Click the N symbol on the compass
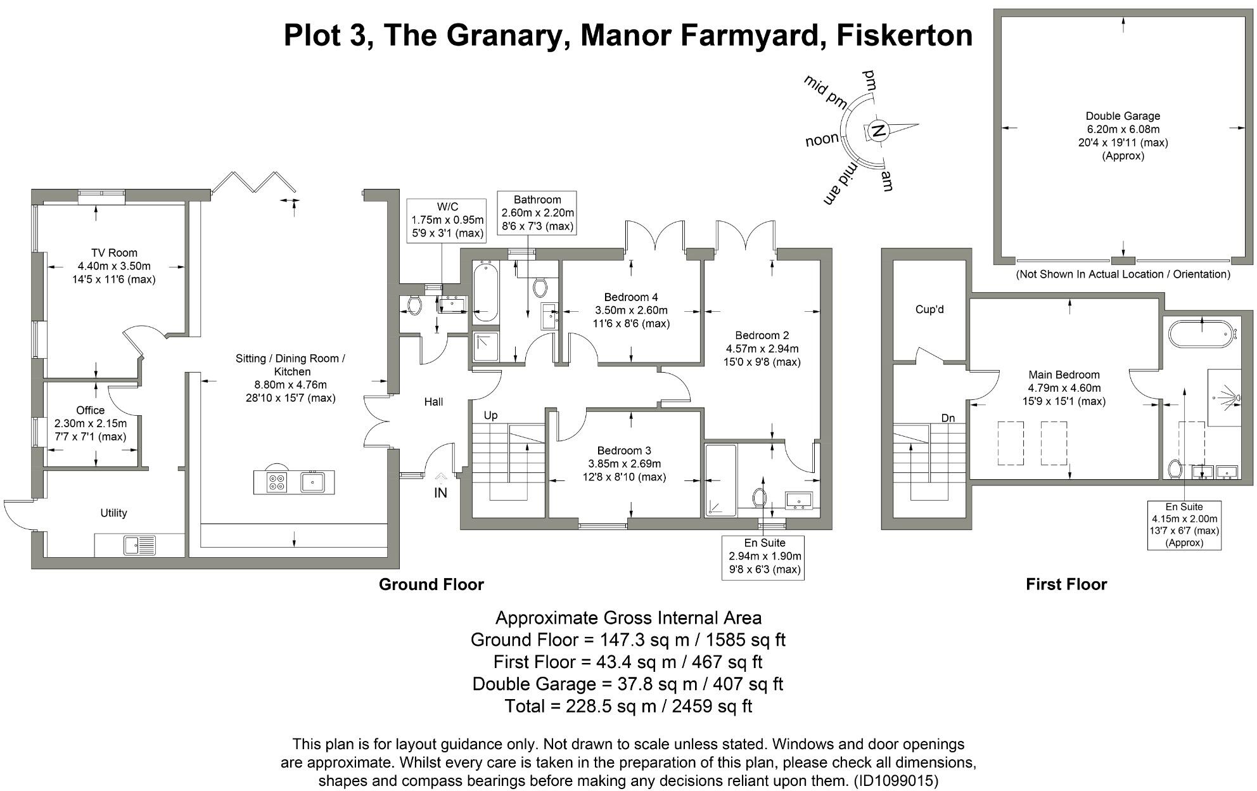[878, 131]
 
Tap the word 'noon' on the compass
[822, 139]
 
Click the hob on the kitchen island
[277, 482]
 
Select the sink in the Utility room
[140, 546]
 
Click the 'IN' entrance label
[440, 492]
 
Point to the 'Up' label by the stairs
[490, 415]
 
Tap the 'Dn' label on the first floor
[948, 418]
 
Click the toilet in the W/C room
[414, 305]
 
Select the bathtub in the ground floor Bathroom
[485, 293]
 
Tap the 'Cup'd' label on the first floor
[929, 309]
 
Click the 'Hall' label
[433, 402]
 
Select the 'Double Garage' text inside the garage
[1123, 116]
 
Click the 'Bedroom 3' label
[624, 451]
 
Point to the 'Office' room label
[90, 411]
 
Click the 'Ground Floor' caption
[431, 584]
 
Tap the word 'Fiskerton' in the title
[905, 35]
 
